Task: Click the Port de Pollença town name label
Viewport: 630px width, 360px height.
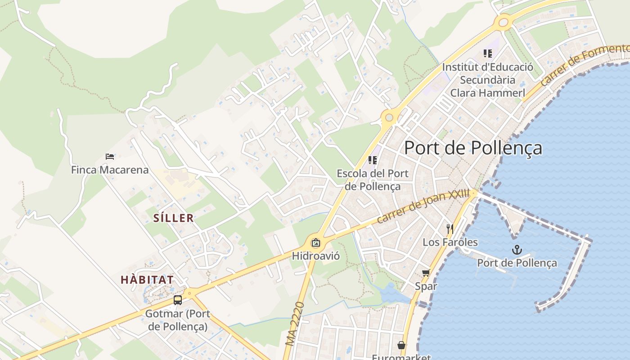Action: click(473, 148)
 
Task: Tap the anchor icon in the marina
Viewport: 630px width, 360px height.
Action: click(517, 250)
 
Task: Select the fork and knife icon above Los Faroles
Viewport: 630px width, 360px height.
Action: click(449, 229)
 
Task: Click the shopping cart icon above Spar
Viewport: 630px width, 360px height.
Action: click(426, 273)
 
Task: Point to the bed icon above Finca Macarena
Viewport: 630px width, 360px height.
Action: click(110, 157)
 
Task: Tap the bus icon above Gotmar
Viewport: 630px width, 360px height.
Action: click(178, 300)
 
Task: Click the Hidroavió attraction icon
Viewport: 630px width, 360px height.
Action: click(316, 243)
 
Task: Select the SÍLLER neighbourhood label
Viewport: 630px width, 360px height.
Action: click(174, 218)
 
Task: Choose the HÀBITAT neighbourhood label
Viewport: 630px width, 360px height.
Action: click(147, 279)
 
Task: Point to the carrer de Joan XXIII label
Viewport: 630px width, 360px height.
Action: click(423, 207)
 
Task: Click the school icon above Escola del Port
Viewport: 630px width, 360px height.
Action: click(373, 160)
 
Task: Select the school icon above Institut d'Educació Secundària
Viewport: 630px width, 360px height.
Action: click(488, 54)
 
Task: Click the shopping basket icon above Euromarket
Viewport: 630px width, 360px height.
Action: click(401, 345)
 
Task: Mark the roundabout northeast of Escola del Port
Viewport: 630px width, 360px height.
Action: click(389, 118)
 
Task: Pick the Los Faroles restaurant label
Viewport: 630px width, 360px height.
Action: click(450, 242)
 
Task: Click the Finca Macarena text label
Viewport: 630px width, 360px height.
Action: click(110, 170)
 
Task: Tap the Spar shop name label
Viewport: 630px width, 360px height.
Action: click(426, 286)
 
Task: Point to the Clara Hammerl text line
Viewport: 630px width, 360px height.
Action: click(488, 93)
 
